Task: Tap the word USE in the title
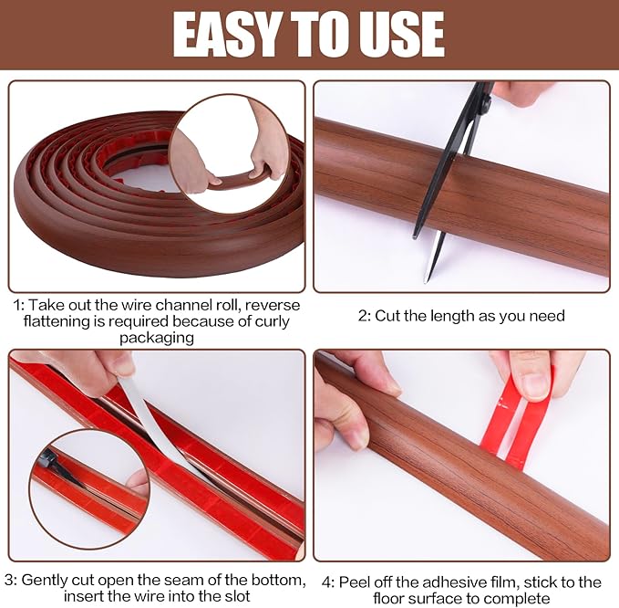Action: [x=400, y=35]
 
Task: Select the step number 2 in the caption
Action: [x=362, y=316]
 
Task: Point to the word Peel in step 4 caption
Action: [x=356, y=582]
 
